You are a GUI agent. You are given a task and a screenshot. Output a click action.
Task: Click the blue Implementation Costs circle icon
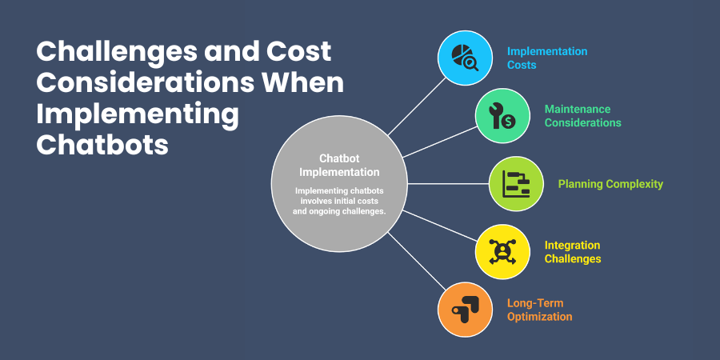click(x=465, y=58)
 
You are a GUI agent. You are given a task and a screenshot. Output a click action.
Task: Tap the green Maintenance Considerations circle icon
click(x=502, y=116)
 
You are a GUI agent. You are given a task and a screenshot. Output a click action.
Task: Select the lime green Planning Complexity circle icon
click(x=516, y=184)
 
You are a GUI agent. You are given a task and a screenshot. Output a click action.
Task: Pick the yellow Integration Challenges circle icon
click(x=502, y=251)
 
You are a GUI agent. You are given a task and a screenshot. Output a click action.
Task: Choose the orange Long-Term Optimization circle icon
click(x=465, y=310)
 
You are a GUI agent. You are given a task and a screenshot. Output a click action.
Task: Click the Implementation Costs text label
click(x=535, y=58)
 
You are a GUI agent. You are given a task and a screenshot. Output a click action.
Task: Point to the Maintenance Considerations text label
click(x=582, y=116)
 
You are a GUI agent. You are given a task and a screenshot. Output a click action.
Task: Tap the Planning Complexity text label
click(x=610, y=184)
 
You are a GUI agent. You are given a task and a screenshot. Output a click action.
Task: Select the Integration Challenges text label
click(x=572, y=251)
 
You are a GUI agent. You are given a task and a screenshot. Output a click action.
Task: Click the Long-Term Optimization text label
click(x=539, y=310)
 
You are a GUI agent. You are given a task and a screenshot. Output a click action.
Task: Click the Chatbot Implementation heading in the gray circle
click(x=339, y=166)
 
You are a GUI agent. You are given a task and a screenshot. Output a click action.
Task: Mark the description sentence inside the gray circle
click(x=339, y=201)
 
